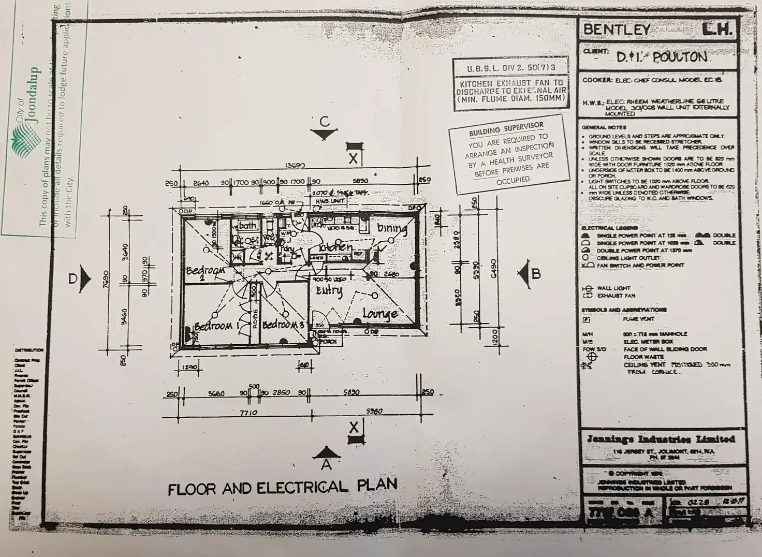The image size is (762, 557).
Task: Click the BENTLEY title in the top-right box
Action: point(617,30)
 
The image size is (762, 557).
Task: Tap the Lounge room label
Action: point(380,314)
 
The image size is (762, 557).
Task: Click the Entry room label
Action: point(329,291)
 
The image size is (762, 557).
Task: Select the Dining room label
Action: point(392,228)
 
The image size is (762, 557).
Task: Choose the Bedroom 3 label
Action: point(283,325)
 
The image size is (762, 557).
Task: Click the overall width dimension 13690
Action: point(295,166)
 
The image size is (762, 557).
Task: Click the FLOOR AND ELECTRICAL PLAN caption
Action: point(282,487)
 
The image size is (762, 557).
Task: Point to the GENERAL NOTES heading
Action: point(604,127)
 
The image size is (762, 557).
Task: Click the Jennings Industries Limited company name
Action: point(661,439)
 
